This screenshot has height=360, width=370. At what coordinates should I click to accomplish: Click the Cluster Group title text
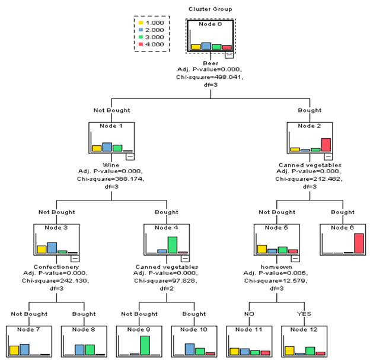[210, 9]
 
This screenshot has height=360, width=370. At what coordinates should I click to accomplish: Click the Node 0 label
[210, 25]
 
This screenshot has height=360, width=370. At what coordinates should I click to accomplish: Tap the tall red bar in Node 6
[358, 243]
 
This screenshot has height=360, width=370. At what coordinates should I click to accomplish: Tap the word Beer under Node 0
[210, 62]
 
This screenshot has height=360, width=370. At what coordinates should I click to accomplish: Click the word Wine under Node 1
[111, 165]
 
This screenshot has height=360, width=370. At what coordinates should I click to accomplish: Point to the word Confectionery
[56, 267]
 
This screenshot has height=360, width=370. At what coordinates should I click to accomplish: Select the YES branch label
[304, 314]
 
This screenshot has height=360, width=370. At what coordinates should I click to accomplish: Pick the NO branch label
[249, 314]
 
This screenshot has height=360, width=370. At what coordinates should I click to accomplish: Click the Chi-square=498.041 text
[211, 77]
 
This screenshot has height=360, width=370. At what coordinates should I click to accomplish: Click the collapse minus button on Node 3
[74, 257]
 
